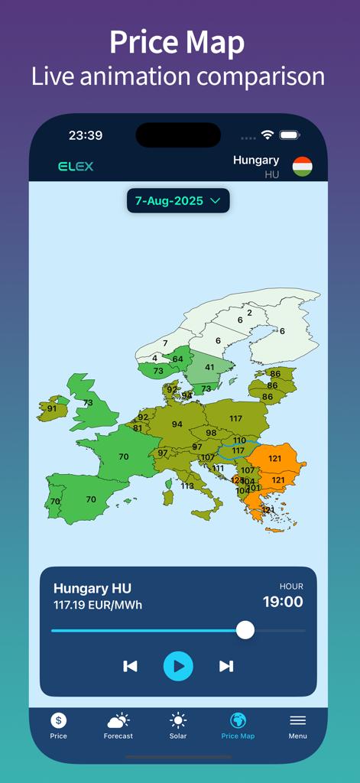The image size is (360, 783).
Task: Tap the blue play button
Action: click(x=178, y=666)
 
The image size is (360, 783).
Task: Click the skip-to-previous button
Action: click(x=130, y=666)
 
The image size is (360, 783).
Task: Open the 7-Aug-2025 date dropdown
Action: click(x=178, y=200)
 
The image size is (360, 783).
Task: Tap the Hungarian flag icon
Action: click(x=303, y=167)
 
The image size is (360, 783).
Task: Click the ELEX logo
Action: click(x=76, y=166)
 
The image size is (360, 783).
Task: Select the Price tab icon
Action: click(x=59, y=720)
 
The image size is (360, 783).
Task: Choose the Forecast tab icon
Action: click(x=118, y=720)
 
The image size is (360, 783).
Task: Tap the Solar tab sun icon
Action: click(x=178, y=720)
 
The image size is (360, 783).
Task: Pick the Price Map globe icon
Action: click(x=238, y=720)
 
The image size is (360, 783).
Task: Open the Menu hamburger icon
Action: click(x=298, y=720)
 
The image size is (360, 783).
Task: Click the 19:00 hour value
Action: click(x=283, y=602)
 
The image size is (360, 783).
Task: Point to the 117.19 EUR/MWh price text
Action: click(x=98, y=605)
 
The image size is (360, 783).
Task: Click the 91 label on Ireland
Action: click(x=52, y=408)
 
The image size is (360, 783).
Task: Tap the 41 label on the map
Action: click(x=209, y=367)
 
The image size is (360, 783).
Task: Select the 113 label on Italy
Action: click(x=187, y=486)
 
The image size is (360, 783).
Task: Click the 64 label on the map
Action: click(x=178, y=359)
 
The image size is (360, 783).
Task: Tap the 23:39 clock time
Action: click(x=86, y=135)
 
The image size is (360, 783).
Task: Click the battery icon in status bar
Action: click(x=289, y=135)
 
